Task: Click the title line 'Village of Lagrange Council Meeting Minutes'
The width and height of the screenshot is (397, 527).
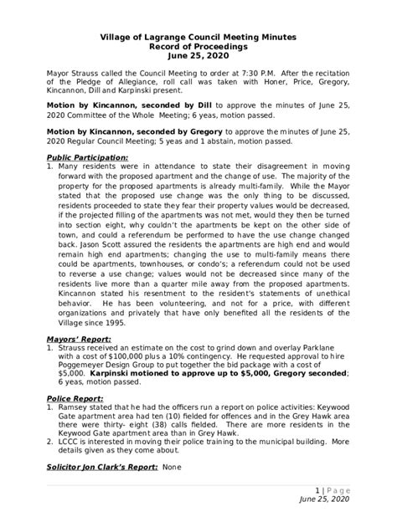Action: point(198,38)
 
